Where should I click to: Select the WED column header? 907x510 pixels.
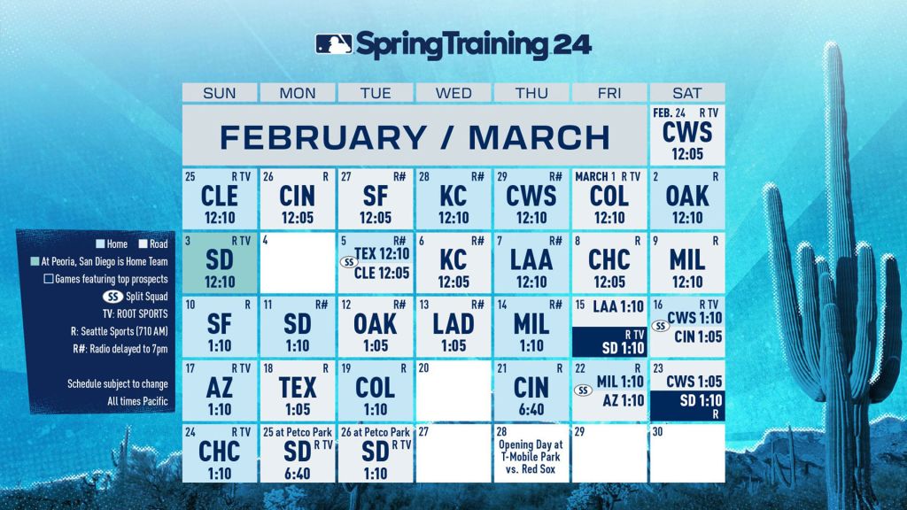(453, 93)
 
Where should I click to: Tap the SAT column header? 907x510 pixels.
(687, 93)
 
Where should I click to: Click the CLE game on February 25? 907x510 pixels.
(220, 197)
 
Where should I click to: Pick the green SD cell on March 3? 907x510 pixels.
(220, 261)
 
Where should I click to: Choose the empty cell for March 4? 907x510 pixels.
(298, 261)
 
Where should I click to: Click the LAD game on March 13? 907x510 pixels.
(453, 325)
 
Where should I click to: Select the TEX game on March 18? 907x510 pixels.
(298, 389)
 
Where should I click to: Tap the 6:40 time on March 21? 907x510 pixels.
(531, 409)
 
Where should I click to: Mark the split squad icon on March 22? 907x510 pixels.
(582, 390)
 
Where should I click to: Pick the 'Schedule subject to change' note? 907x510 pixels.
(118, 384)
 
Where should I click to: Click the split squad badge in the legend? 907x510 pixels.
(112, 297)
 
